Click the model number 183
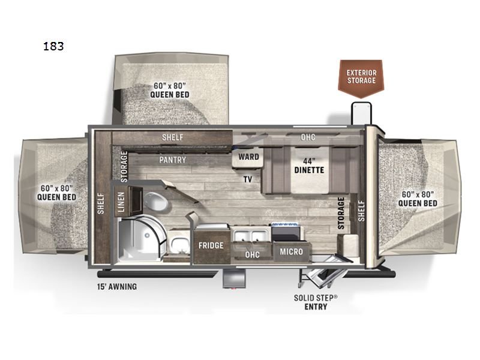[x=53, y=46]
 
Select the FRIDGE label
[x=211, y=245]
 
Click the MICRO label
[x=291, y=252]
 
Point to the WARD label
[x=248, y=157]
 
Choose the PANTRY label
[x=172, y=160]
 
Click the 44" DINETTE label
[x=309, y=165]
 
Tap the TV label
[x=247, y=179]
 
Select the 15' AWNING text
[x=117, y=287]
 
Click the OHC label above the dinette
[x=308, y=137]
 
